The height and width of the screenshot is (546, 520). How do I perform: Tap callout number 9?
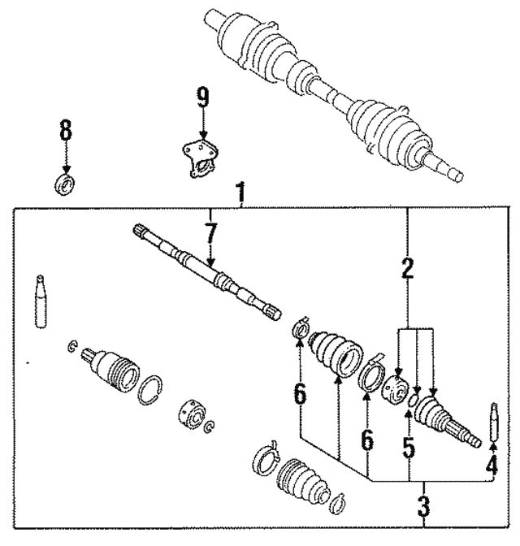click(x=202, y=99)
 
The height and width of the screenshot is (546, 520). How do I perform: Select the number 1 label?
click(x=240, y=193)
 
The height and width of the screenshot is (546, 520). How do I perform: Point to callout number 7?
click(x=210, y=236)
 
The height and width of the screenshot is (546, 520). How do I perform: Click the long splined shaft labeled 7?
click(x=207, y=271)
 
